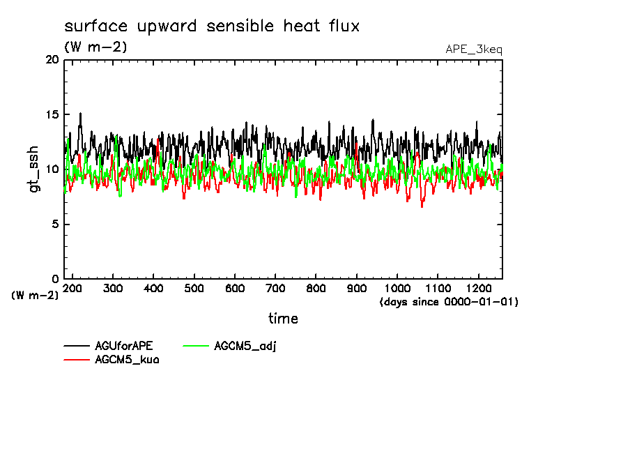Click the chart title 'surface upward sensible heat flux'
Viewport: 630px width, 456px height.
pyautogui.click(x=212, y=26)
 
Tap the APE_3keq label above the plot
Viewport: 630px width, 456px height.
pyautogui.click(x=473, y=50)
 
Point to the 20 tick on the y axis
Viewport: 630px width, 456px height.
pyautogui.click(x=52, y=60)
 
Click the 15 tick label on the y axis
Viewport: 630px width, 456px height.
pyautogui.click(x=52, y=114)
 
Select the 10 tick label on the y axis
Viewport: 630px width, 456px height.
pyautogui.click(x=52, y=169)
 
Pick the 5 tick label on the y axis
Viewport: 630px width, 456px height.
pyautogui.click(x=55, y=225)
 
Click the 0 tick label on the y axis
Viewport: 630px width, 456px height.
pyautogui.click(x=55, y=279)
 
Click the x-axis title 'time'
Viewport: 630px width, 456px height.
pyautogui.click(x=283, y=319)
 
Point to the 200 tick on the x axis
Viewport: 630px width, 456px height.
pyautogui.click(x=72, y=288)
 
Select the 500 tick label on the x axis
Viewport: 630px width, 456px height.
pyautogui.click(x=194, y=288)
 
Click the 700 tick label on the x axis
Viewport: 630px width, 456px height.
pyautogui.click(x=275, y=288)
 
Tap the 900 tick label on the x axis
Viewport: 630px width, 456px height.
pyautogui.click(x=357, y=288)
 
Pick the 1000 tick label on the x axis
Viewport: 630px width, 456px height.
pyautogui.click(x=397, y=288)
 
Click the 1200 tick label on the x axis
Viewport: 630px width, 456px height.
pyautogui.click(x=479, y=288)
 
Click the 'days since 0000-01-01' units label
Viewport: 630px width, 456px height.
pyautogui.click(x=449, y=302)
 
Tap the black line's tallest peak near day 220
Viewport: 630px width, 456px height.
pyautogui.click(x=80, y=113)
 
